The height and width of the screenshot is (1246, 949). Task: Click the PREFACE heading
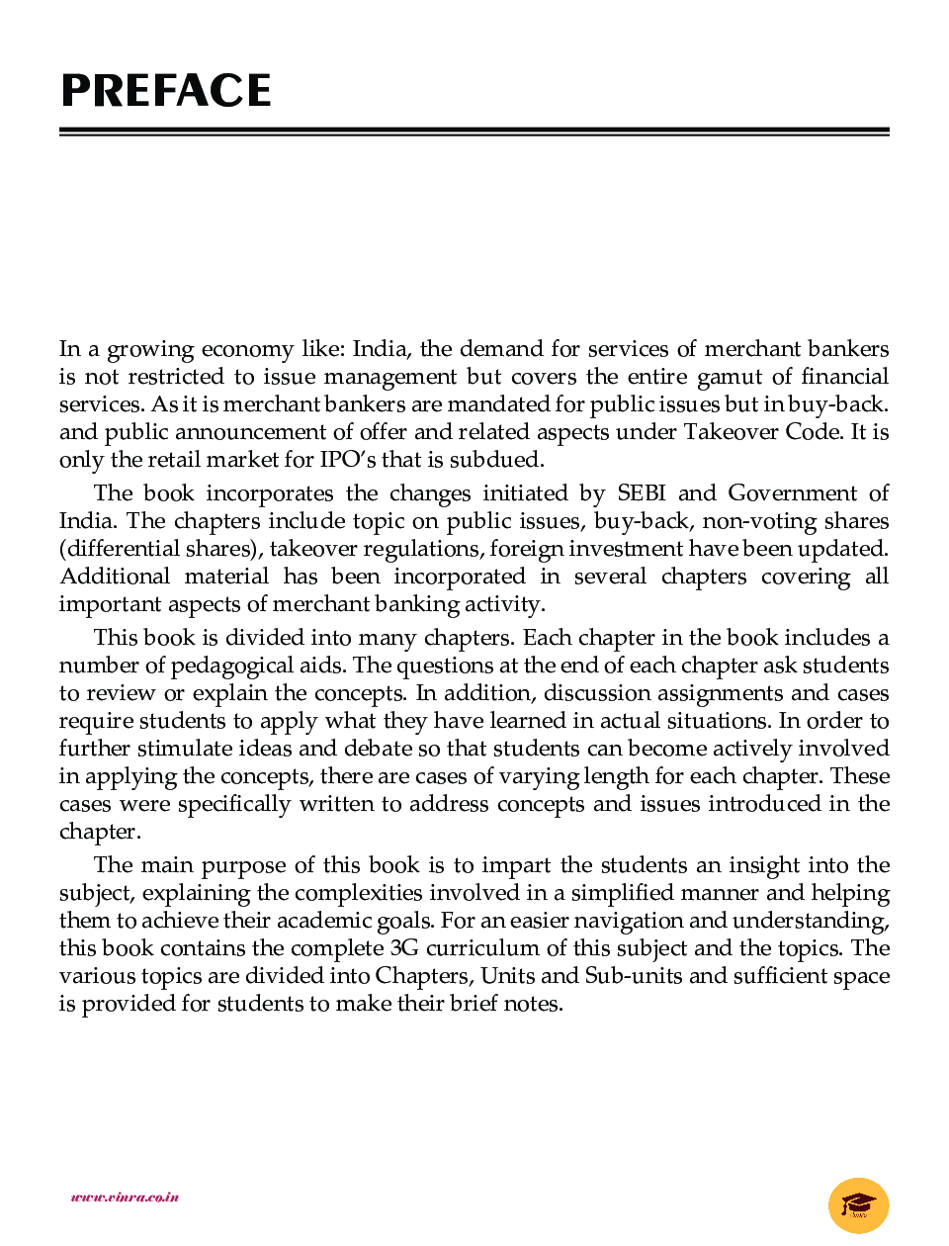click(166, 91)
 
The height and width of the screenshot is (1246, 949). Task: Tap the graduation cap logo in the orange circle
click(858, 1205)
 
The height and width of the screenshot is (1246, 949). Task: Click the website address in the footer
click(125, 1197)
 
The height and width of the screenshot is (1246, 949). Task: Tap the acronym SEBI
click(641, 493)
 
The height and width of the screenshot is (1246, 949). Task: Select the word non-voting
click(745, 521)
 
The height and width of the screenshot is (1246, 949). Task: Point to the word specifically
click(234, 804)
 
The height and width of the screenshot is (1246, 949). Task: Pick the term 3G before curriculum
click(404, 948)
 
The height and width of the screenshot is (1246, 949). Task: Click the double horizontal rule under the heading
click(474, 132)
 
